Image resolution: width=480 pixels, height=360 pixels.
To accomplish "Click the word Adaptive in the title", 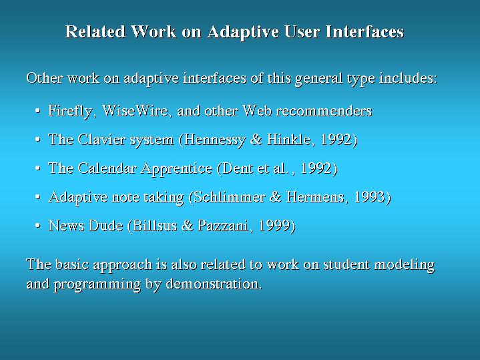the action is click(x=243, y=32).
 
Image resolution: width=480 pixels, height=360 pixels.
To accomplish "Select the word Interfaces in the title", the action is click(x=365, y=31).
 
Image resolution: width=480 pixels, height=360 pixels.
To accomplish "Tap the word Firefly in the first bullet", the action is click(x=70, y=112).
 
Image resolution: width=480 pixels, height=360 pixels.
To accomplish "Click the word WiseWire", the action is click(x=135, y=110).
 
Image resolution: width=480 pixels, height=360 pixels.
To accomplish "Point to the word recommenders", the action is click(x=324, y=111).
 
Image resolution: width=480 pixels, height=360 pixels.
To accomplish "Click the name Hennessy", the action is click(x=214, y=140).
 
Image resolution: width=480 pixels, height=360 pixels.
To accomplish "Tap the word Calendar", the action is click(x=107, y=168).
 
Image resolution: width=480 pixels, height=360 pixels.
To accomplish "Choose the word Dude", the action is click(x=105, y=226).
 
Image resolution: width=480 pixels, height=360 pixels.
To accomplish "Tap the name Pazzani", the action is click(x=222, y=226).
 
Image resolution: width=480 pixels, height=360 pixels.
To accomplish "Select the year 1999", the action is click(x=274, y=226).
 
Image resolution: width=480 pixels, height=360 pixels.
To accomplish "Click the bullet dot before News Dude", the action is click(x=37, y=226).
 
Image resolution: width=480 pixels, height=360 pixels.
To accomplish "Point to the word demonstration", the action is click(x=214, y=284).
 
